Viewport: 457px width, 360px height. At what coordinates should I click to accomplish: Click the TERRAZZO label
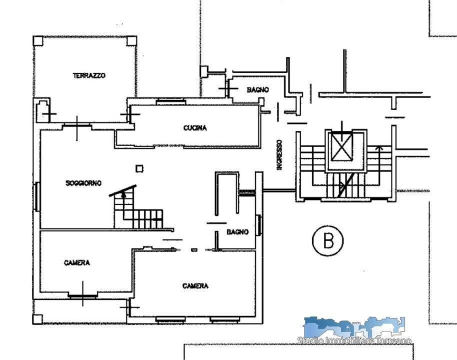coord(89,75)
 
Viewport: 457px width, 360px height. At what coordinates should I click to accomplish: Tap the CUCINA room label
coord(195,127)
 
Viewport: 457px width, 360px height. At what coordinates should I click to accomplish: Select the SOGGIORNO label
coord(83,183)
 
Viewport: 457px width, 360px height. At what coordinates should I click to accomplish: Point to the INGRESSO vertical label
coord(279,155)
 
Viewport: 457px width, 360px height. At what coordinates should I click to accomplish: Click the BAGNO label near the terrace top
coord(257,89)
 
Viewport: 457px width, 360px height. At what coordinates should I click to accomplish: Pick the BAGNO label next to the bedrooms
coord(237,231)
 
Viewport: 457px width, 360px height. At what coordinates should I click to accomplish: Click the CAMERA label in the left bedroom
coord(77,262)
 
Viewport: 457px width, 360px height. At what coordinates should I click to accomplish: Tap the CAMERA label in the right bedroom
coord(195,285)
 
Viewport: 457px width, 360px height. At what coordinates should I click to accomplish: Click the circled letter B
coord(328,240)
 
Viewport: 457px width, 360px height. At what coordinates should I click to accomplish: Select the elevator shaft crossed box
coord(342,146)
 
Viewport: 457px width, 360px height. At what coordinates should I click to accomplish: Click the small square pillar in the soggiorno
coord(139,168)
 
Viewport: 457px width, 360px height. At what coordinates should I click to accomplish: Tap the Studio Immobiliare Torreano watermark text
coord(354,340)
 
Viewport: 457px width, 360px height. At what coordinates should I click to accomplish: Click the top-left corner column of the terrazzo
coord(38,41)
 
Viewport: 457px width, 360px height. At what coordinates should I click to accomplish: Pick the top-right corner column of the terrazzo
coord(131,41)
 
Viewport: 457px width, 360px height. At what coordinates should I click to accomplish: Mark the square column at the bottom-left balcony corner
coord(37,319)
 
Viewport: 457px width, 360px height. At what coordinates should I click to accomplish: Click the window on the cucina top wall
coord(170,101)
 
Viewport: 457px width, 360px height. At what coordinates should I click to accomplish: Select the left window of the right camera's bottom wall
coord(170,320)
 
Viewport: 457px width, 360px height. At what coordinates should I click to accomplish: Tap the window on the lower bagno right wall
coord(258,225)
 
